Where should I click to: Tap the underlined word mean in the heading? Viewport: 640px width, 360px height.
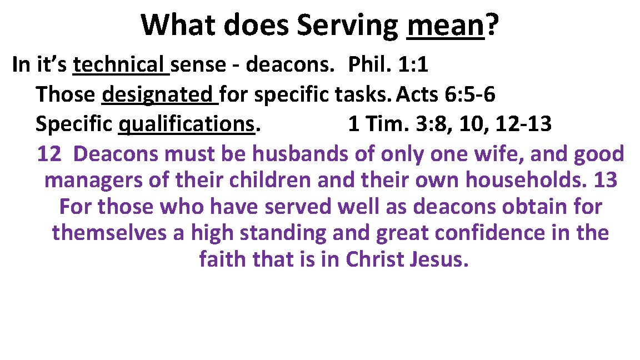pyautogui.click(x=446, y=26)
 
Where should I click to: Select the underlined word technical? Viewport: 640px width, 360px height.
pyautogui.click(x=121, y=65)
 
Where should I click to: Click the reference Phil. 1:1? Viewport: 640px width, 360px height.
pyautogui.click(x=388, y=65)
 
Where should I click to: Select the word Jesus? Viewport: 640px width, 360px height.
pyautogui.click(x=442, y=259)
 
